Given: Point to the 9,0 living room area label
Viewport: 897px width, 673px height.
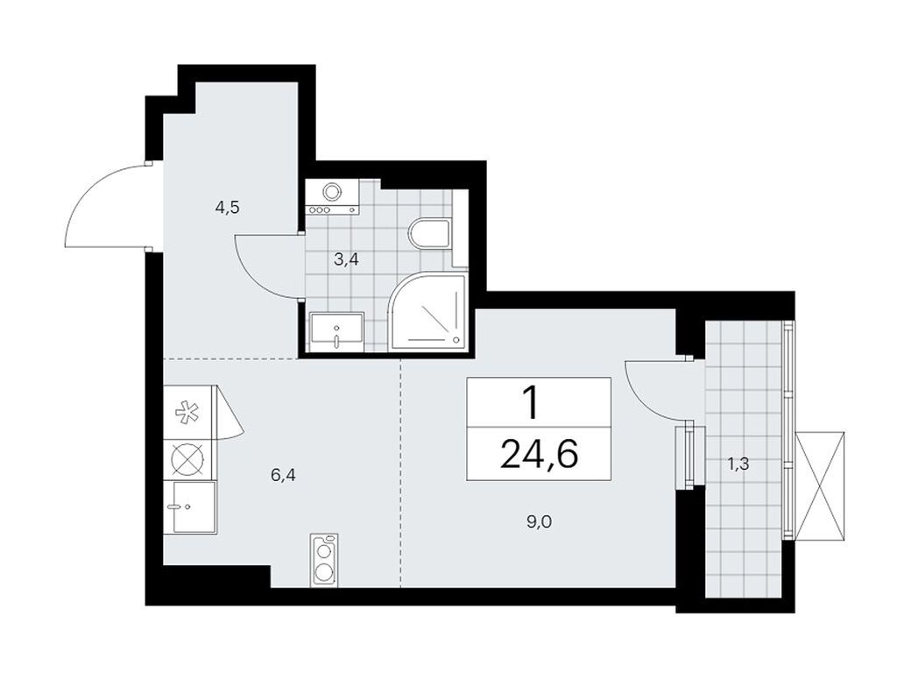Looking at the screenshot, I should [x=540, y=522].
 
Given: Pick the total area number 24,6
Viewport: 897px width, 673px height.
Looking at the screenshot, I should [x=539, y=456].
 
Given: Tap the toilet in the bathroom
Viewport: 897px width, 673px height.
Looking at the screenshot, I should [x=430, y=235].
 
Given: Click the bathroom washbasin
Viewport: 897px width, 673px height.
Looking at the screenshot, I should [x=337, y=329].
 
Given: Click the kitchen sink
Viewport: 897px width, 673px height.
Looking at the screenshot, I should [x=189, y=507].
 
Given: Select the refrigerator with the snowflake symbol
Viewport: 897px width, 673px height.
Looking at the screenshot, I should [x=187, y=412].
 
